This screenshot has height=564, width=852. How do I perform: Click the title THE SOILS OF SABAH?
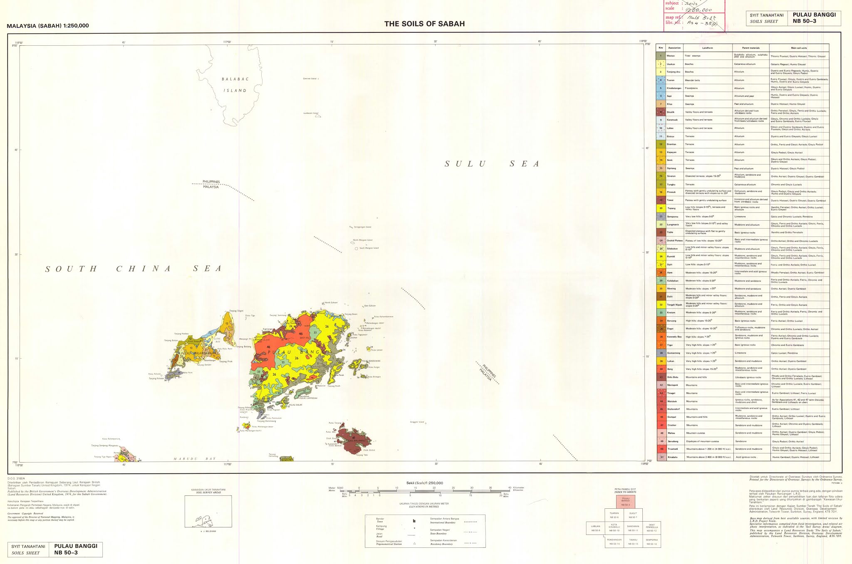pyautogui.click(x=424, y=24)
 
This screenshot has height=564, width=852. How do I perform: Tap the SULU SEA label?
pyautogui.click(x=492, y=164)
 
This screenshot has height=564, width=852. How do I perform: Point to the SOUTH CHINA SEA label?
pyautogui.click(x=133, y=269)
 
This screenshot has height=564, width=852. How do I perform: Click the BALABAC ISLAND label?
pyautogui.click(x=234, y=85)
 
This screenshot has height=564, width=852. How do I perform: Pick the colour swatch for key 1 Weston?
pyautogui.click(x=661, y=56)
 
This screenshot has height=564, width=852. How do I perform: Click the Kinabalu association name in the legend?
pyautogui.click(x=673, y=457)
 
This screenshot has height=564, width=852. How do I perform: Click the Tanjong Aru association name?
pyautogui.click(x=674, y=72)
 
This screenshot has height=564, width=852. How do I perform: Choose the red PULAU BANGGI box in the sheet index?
pyautogui.click(x=626, y=502)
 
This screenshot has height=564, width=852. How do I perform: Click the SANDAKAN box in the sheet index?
pyautogui.click(x=633, y=528)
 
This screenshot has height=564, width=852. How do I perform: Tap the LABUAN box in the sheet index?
pyautogui.click(x=595, y=528)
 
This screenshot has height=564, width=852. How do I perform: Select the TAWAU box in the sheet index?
pyautogui.click(x=633, y=542)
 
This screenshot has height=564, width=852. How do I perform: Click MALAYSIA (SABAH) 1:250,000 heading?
pyautogui.click(x=48, y=26)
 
